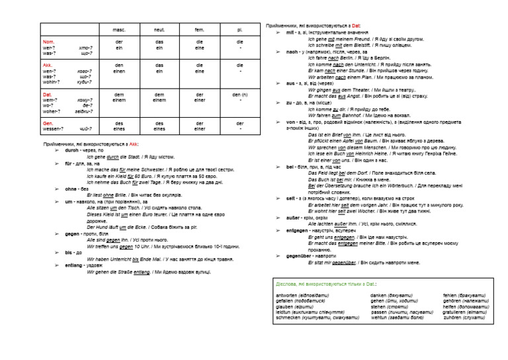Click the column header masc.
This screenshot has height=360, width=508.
119,30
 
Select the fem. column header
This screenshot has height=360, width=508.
199,30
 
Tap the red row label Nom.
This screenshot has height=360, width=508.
48,42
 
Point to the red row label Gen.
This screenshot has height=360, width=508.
48,123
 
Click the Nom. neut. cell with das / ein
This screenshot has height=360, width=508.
159,44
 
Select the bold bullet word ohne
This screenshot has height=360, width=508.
71,189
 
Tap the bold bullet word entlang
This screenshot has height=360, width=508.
75,264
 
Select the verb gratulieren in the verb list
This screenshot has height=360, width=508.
457,312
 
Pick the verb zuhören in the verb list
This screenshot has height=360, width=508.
453,318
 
